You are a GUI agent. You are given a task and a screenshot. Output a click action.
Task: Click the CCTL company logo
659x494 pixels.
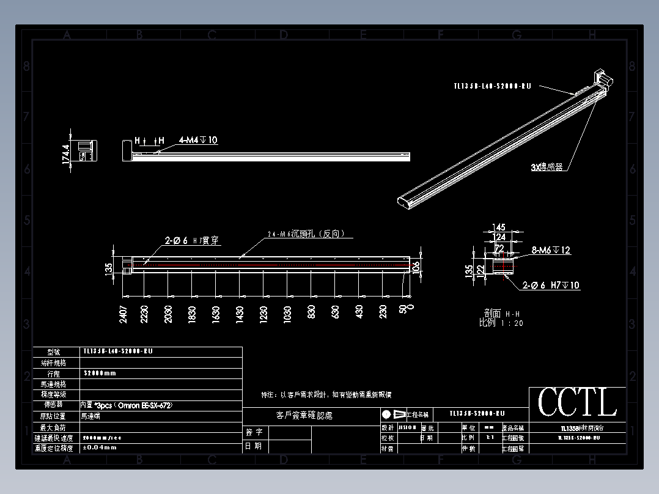pos(577,403)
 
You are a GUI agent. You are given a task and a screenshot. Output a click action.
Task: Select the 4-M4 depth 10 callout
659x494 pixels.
pos(197,141)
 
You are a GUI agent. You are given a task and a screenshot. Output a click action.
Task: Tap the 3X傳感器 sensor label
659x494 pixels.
pos(546,166)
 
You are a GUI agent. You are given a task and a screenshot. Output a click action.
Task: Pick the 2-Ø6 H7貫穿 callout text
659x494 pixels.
pos(191,241)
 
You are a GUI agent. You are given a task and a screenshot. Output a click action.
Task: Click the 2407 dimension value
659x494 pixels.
pos(123,314)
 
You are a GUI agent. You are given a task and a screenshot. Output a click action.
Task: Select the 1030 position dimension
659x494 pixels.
pos(287,314)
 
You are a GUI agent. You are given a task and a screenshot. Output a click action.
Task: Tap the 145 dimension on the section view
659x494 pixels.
pos(499,228)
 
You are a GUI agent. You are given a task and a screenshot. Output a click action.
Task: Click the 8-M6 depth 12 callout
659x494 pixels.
pos(550,250)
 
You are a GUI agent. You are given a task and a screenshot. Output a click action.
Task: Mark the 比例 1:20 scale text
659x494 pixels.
pos(501,323)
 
